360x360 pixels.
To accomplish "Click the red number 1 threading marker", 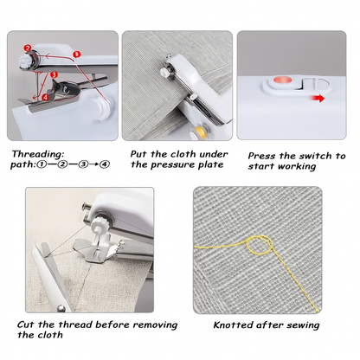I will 77,54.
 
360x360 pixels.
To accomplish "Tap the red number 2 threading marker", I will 27,48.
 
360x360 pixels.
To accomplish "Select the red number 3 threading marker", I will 55,76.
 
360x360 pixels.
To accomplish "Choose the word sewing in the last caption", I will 300,325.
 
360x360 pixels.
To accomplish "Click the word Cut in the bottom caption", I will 26,325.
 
